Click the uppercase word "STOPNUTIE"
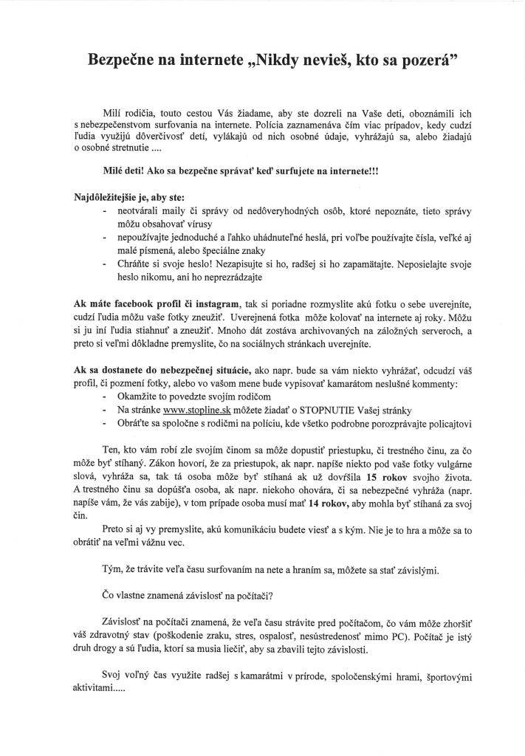pos(318,410)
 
